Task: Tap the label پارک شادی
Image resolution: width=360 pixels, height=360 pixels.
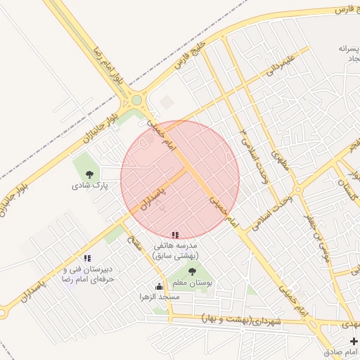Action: pyautogui.click(x=89, y=187)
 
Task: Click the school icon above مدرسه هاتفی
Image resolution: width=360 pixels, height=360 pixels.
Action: pyautogui.click(x=174, y=234)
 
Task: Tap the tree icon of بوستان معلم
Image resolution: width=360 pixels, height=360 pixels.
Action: pyautogui.click(x=192, y=271)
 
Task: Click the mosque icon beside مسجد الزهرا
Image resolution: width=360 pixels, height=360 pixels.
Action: pyautogui.click(x=160, y=286)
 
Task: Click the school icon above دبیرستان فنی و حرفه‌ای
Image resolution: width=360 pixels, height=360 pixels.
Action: pyautogui.click(x=87, y=258)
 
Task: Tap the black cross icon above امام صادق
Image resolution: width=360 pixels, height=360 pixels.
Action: pyautogui.click(x=354, y=340)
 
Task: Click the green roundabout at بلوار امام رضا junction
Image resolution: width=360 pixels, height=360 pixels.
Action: pyautogui.click(x=136, y=101)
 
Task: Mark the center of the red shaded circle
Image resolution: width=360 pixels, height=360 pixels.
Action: pyautogui.click(x=180, y=180)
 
